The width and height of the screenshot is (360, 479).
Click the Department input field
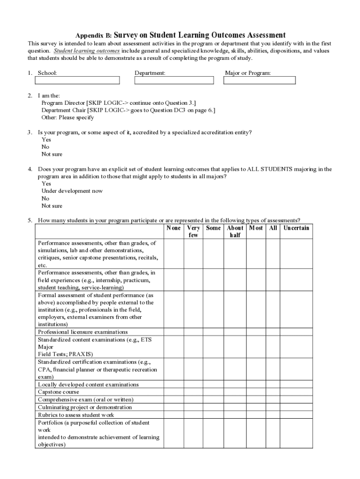coord(174,80)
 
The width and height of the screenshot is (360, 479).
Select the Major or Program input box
coord(259,80)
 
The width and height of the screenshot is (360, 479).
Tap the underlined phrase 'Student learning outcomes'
coord(87,51)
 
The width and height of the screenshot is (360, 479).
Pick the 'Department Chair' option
coord(64,110)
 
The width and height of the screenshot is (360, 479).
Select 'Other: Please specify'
coord(68,118)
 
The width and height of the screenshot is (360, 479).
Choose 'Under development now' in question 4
coord(72,191)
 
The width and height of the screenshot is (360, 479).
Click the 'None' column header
coord(173,228)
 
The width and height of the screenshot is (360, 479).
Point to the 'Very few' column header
coord(193,232)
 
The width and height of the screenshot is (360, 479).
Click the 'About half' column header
coord(235,232)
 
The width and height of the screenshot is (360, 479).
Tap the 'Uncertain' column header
coord(295,228)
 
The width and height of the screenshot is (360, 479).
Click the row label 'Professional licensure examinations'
coord(83,332)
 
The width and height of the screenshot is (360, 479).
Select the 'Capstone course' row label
coord(58,392)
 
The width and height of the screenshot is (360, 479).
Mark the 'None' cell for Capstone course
coord(173,392)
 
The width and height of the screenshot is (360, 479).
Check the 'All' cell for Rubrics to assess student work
coord(273,415)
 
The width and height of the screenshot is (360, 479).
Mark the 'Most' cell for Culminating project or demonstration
coord(256,407)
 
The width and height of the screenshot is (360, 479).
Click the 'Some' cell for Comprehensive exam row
coord(213,399)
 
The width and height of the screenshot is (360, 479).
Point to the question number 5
coord(29,220)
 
